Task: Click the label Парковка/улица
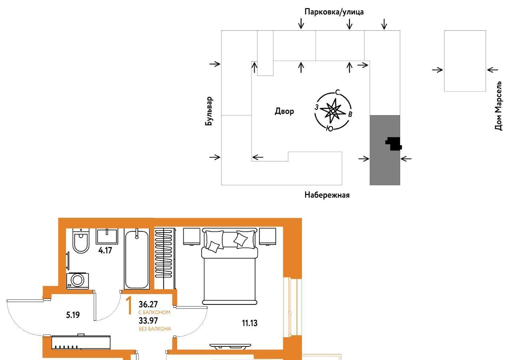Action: coord(334,12)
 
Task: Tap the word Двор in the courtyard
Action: coord(284,111)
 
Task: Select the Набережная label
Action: coord(327,195)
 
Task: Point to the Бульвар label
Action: coord(209,111)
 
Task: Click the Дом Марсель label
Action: coord(499,105)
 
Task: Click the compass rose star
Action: coord(333,111)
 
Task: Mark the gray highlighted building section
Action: coord(385,150)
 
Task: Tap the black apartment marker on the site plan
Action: coord(394,144)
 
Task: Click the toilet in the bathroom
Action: coord(81,241)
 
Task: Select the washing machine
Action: coord(77,280)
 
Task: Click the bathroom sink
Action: coord(107,236)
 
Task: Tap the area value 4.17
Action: coord(105,251)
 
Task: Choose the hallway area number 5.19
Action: coord(73,315)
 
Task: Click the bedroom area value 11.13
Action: coord(250,323)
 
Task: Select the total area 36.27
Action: coord(148,304)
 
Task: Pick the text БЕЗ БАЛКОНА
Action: coord(155,329)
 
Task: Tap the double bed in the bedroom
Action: coord(230,266)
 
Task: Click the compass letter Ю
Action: coord(329,129)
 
